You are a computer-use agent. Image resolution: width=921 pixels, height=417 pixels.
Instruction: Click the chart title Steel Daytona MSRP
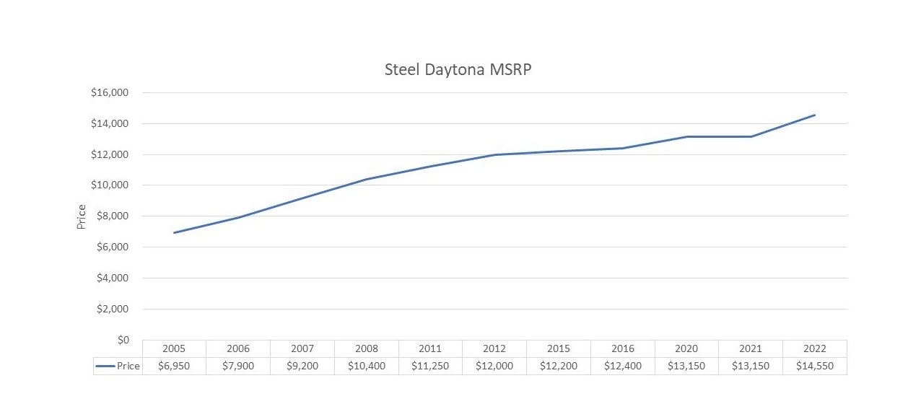pyautogui.click(x=458, y=71)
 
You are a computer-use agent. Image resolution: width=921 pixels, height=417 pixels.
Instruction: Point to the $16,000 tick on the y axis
pyautogui.click(x=109, y=92)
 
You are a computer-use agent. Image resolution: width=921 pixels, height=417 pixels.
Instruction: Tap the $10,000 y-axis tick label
pyautogui.click(x=109, y=185)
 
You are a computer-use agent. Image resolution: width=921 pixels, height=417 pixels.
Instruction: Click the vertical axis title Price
pyautogui.click(x=82, y=216)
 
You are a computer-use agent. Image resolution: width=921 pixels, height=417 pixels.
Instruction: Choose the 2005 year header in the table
pyautogui.click(x=174, y=348)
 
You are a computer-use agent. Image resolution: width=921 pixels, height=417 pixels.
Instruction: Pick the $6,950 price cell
pyautogui.click(x=174, y=366)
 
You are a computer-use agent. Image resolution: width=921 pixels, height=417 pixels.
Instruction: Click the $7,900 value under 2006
pyautogui.click(x=238, y=366)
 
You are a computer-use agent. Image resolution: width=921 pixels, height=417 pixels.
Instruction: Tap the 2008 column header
pyautogui.click(x=366, y=348)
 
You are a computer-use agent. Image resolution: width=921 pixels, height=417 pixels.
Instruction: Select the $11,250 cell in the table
pyautogui.click(x=430, y=366)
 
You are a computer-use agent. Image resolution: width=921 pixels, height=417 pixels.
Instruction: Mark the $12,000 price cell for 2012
pyautogui.click(x=494, y=366)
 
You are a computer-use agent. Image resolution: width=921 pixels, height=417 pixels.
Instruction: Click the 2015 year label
pyautogui.click(x=559, y=348)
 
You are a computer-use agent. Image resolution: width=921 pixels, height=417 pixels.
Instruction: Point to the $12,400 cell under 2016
pyautogui.click(x=622, y=366)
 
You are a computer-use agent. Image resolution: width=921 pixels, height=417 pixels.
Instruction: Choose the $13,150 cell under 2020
pyautogui.click(x=686, y=366)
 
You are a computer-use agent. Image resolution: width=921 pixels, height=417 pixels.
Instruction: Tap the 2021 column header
pyautogui.click(x=751, y=348)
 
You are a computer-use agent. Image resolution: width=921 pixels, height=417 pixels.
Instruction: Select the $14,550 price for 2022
pyautogui.click(x=815, y=366)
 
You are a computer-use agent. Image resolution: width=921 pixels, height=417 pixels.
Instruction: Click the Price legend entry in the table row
pyautogui.click(x=118, y=366)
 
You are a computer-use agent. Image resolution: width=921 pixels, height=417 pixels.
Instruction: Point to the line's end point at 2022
pyautogui.click(x=815, y=115)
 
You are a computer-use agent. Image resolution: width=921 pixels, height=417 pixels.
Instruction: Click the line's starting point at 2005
pyautogui.click(x=174, y=232)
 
